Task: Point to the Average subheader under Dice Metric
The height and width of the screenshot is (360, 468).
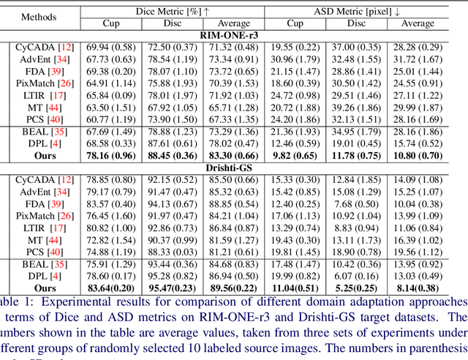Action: tap(234, 23)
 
